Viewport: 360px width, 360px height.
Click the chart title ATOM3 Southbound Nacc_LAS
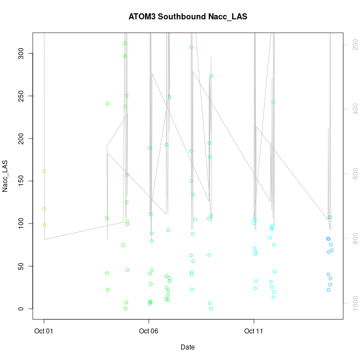187,17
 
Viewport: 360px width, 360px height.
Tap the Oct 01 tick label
44,331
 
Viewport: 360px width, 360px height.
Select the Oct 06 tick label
148,331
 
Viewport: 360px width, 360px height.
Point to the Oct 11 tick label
254,331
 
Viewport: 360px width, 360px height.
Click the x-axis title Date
187,347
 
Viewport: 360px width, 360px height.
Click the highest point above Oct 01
44,171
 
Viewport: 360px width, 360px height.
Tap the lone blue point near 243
273,101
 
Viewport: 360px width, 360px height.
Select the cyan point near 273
212,76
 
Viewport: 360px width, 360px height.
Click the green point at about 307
192,47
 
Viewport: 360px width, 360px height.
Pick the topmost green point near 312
125,43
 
